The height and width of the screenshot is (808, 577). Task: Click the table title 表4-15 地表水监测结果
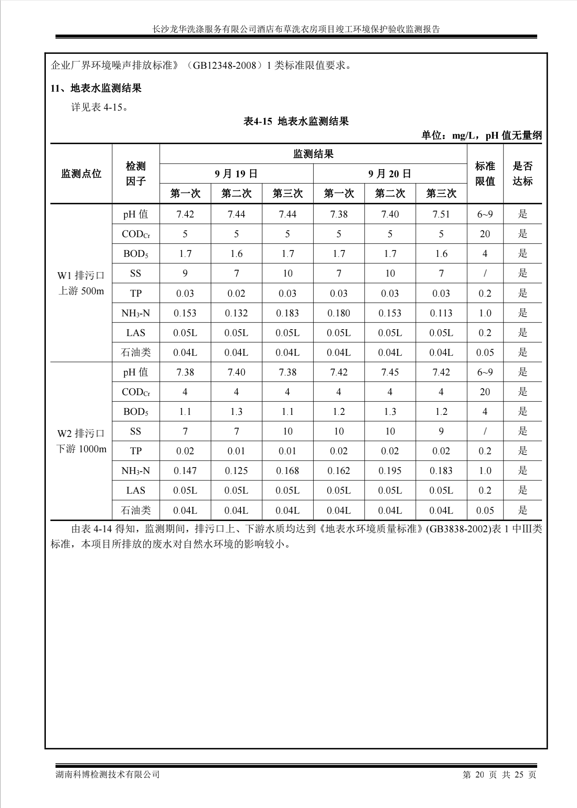click(x=296, y=121)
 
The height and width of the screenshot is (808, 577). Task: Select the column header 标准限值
click(x=485, y=174)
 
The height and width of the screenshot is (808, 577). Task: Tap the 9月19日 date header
click(x=236, y=174)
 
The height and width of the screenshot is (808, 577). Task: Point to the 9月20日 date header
click(x=390, y=174)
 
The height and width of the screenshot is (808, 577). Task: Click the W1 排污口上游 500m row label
click(x=81, y=283)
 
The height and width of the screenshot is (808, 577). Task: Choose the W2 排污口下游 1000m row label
click(x=81, y=441)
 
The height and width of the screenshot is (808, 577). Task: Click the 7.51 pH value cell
click(x=441, y=214)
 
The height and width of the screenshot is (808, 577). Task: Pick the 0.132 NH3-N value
click(x=236, y=313)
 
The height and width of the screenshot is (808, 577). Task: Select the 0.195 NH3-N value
click(x=390, y=471)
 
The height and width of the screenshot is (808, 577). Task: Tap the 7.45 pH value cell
click(x=390, y=372)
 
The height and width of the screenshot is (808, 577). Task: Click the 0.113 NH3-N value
click(x=441, y=313)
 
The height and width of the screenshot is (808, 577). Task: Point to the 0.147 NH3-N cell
click(x=185, y=471)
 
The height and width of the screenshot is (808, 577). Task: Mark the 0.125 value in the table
click(x=236, y=471)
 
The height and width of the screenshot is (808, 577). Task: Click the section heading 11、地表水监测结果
click(x=96, y=88)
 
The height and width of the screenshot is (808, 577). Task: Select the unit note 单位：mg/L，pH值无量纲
click(x=481, y=135)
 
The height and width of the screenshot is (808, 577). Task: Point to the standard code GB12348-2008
click(x=224, y=66)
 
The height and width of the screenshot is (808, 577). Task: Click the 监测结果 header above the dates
click(x=313, y=154)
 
